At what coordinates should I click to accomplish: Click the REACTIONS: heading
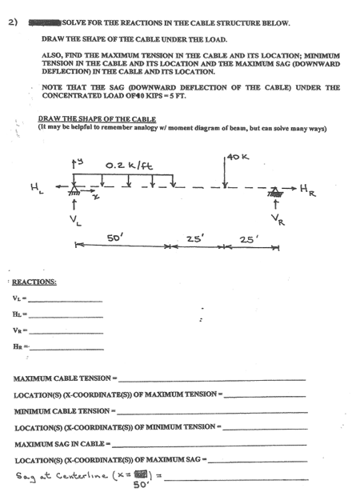34,282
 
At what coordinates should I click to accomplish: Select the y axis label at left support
78,166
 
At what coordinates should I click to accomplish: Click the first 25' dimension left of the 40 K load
194,238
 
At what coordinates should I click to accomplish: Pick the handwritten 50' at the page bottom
143,486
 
